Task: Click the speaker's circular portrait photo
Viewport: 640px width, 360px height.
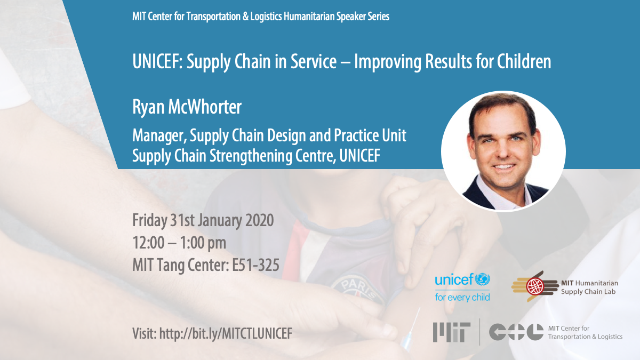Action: [x=503, y=151]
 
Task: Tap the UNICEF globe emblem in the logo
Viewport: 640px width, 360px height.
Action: [x=483, y=279]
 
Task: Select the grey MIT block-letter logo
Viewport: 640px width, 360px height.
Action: [x=452, y=332]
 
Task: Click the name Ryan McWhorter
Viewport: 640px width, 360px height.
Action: [x=187, y=107]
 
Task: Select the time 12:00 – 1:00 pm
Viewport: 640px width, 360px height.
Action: [x=179, y=243]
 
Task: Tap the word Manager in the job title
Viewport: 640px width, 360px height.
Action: [x=157, y=135]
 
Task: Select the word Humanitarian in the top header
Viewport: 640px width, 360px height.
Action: [x=294, y=17]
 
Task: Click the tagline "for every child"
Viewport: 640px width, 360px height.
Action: [x=462, y=297]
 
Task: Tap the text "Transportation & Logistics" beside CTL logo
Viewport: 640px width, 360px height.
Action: [x=585, y=337]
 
